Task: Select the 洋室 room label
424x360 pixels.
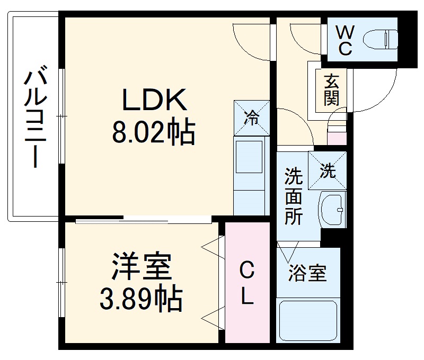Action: pyautogui.click(x=142, y=267)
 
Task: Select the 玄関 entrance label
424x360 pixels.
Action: pyautogui.click(x=331, y=89)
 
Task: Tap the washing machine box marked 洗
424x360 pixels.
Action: pyautogui.click(x=328, y=170)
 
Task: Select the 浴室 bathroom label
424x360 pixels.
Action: pyautogui.click(x=307, y=274)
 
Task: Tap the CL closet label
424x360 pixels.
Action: pyautogui.click(x=247, y=284)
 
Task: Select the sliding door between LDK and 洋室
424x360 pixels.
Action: pyautogui.click(x=143, y=219)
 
